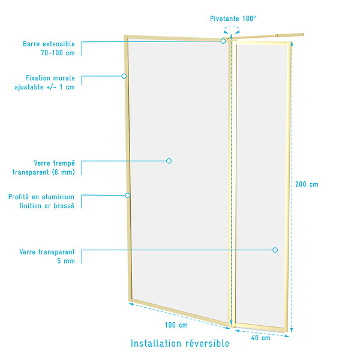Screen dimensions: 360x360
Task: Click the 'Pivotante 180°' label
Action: [233, 19]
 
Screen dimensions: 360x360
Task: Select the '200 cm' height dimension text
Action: [307, 184]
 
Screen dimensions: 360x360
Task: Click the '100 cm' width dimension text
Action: [176, 325]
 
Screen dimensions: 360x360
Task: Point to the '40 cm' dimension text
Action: [260, 338]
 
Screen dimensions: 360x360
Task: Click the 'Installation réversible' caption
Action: [180, 343]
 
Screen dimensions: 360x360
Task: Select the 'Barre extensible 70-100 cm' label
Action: [49, 48]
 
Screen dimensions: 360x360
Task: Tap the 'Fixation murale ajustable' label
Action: [45, 82]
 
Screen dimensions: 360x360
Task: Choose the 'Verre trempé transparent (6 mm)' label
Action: [44, 167]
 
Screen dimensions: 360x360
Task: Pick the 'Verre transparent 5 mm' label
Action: [47, 256]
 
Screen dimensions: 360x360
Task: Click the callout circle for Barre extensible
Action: [223, 41]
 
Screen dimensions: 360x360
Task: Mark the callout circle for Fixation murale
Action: [124, 76]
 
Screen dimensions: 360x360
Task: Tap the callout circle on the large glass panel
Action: [169, 161]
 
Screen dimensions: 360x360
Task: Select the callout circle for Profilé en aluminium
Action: [127, 196]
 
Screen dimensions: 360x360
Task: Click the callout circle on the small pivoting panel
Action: [275, 250]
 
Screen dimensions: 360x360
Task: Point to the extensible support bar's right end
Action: [303, 35]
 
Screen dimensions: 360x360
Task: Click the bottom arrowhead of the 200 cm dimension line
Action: [292, 330]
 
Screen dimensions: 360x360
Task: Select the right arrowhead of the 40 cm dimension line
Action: [287, 336]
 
